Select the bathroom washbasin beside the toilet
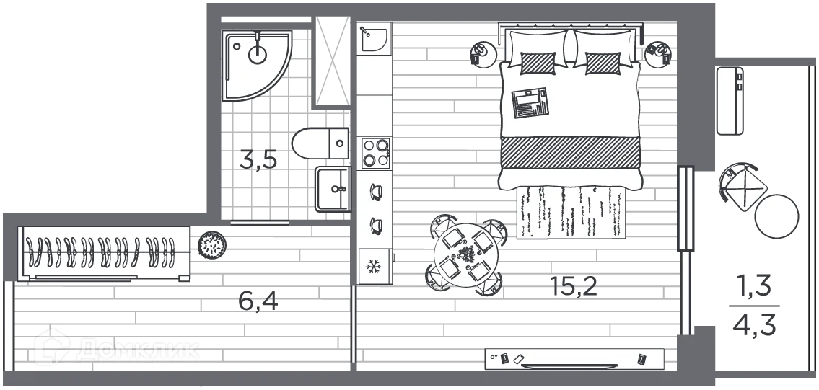coord(333,189)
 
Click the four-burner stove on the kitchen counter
coord(375,152)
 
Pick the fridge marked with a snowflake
coord(375,266)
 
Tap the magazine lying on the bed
coord(530,102)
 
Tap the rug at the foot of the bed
coord(569,211)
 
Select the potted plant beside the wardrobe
coord(214,245)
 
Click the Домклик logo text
coord(137,350)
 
